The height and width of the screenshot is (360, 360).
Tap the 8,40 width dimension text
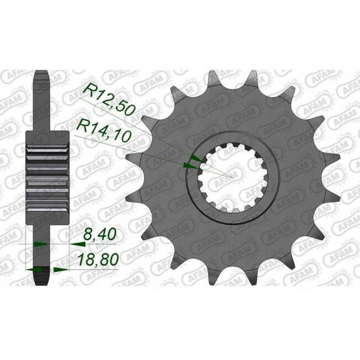click(99, 234)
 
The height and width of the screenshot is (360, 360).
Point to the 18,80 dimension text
click(99, 260)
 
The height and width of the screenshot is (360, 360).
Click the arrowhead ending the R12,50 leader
click(197, 158)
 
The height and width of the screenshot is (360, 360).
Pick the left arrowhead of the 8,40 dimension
click(41, 244)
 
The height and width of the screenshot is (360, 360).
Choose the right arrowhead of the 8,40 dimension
click(78, 244)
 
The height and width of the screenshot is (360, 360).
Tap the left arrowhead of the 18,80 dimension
click(33, 269)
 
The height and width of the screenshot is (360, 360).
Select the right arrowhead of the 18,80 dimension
click(61, 269)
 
